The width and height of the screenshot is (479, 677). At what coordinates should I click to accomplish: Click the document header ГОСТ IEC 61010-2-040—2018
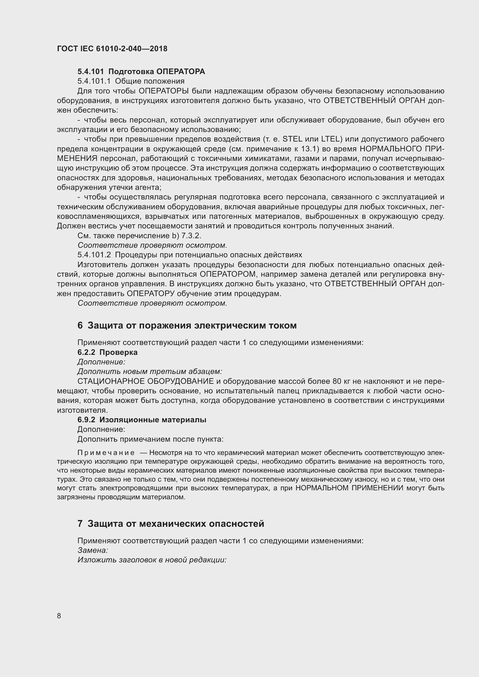[x=112, y=49]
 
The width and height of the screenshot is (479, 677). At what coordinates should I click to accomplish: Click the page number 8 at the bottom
[x=59, y=616]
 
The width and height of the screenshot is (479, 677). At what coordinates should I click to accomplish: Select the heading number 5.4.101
[x=91, y=72]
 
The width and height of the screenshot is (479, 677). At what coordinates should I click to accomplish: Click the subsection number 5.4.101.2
[x=94, y=255]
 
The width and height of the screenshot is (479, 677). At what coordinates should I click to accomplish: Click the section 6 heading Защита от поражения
[x=187, y=325]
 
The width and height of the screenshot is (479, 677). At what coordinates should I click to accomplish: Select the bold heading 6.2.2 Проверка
[x=107, y=352]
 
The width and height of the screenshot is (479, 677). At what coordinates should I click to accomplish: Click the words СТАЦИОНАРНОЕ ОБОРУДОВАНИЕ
[x=145, y=381]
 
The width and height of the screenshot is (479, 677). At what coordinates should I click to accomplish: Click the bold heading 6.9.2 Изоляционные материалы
[x=142, y=420]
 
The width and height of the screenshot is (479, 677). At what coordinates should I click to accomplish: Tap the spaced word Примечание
[x=106, y=453]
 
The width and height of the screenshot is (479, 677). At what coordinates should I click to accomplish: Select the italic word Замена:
[x=93, y=550]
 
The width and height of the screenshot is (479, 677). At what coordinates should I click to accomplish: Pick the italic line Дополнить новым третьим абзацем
[x=149, y=372]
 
